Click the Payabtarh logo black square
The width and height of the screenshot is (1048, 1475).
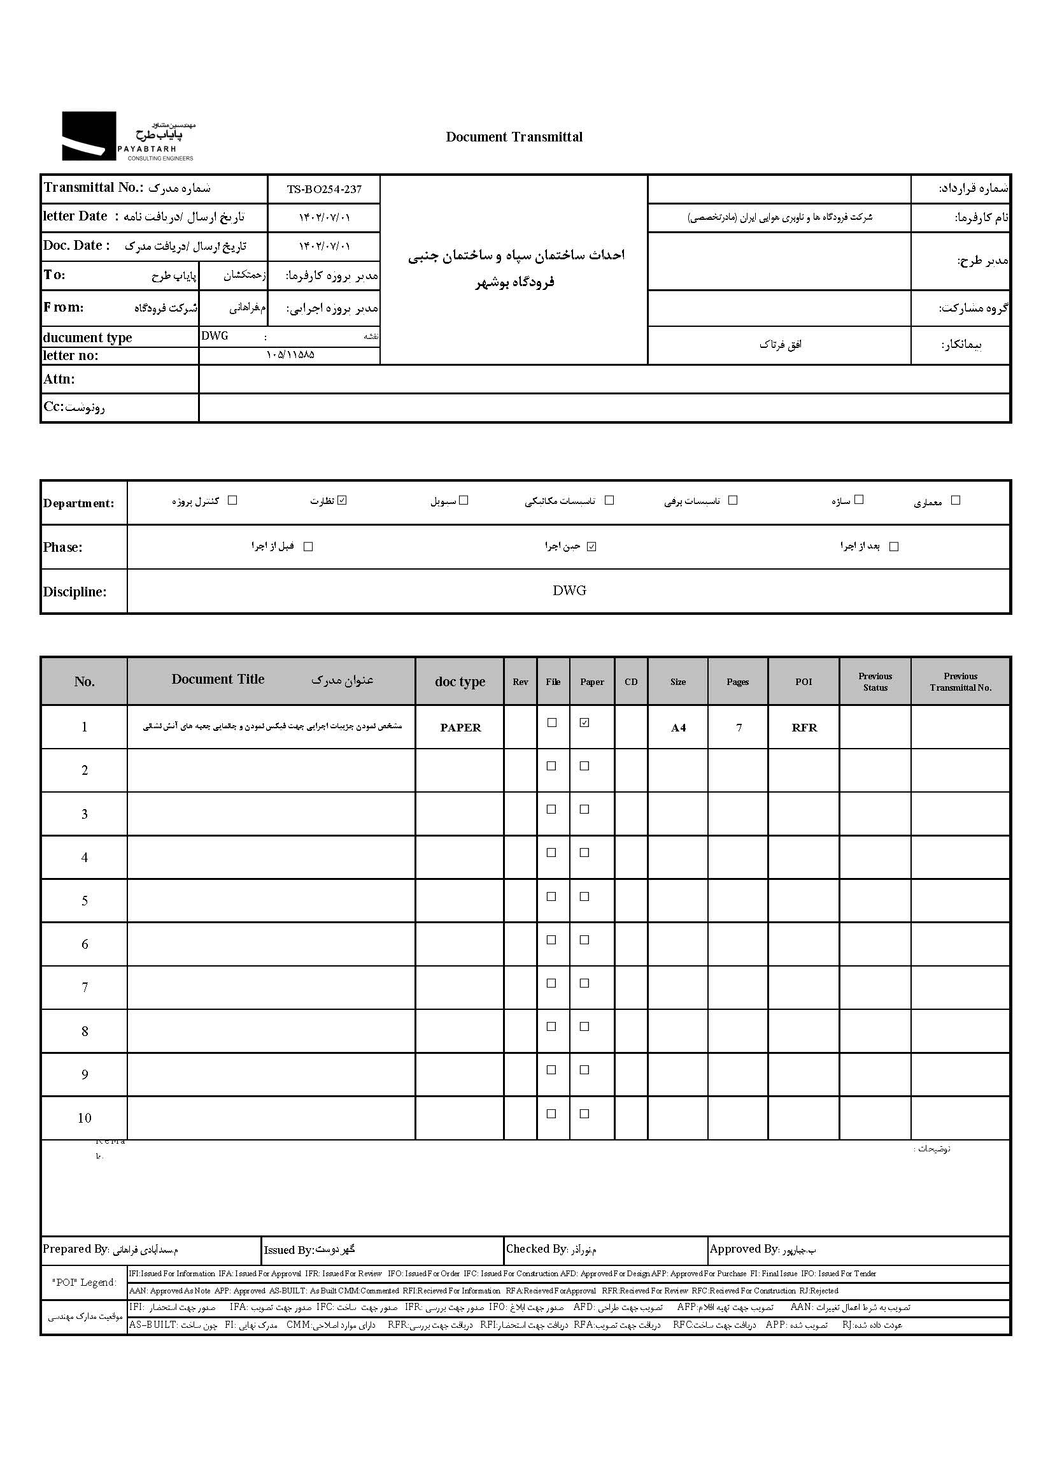[89, 136]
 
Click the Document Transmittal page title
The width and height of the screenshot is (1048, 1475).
[514, 137]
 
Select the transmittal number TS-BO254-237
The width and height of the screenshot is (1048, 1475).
[324, 189]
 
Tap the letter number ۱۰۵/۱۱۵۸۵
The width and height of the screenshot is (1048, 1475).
[290, 355]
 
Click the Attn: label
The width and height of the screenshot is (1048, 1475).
[59, 379]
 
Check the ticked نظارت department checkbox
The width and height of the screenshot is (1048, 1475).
[343, 500]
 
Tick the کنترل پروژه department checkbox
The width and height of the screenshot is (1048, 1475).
[233, 500]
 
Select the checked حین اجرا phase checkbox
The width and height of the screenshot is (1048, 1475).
[591, 546]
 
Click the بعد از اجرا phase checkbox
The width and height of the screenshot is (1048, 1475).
[894, 546]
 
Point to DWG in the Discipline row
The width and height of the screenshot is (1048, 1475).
[569, 590]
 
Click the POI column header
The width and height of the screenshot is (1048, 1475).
[804, 681]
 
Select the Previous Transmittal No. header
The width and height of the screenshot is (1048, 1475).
[960, 681]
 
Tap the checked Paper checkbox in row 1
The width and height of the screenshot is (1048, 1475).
[584, 723]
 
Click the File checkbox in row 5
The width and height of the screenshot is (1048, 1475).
[552, 896]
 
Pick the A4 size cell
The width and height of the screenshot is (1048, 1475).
[677, 728]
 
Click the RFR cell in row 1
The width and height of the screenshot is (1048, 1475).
[804, 728]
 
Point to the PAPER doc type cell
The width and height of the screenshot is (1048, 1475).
[460, 728]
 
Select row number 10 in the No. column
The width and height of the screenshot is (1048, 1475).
[85, 1118]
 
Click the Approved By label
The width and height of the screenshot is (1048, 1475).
[744, 1249]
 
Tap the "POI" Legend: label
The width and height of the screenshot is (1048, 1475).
[85, 1283]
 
